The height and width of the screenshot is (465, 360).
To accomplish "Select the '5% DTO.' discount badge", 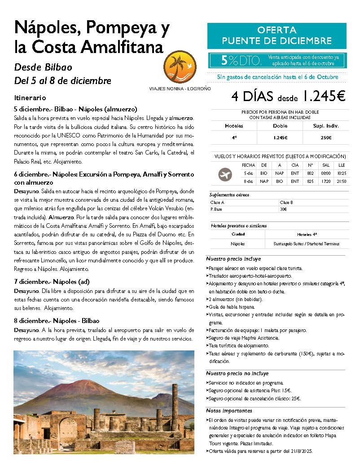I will pyautogui.click(x=233, y=60).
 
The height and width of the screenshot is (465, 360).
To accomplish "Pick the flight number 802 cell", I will pyautogui.click(x=309, y=172).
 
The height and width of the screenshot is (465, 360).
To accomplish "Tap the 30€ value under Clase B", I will pyautogui.click(x=284, y=209).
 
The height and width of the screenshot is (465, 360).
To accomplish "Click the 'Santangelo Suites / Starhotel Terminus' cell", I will pyautogui.click(x=306, y=244).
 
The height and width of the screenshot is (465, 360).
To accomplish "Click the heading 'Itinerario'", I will pyautogui.click(x=30, y=97).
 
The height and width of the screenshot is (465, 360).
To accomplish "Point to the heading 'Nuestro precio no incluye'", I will pyautogui.click(x=237, y=373).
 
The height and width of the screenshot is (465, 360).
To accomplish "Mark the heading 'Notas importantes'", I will pyautogui.click(x=229, y=411).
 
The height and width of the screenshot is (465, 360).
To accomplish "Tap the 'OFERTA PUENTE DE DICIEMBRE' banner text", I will pyautogui.click(x=277, y=35).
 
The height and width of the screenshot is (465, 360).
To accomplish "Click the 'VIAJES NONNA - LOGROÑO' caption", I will pyautogui.click(x=180, y=89).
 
